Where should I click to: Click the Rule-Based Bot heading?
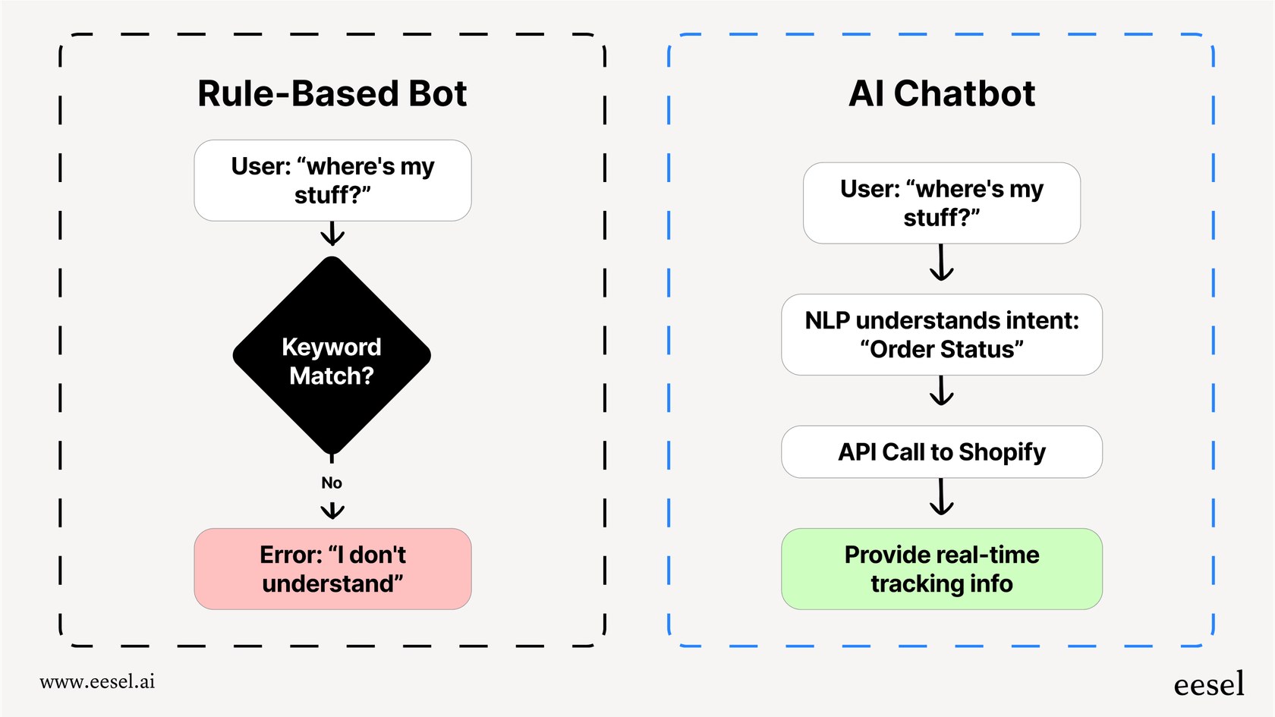332,94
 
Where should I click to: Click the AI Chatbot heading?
941,94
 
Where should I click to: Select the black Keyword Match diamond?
332,355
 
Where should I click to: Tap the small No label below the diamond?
332,483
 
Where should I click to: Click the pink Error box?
332,569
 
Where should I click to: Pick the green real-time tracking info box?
941,569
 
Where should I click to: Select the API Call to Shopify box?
941,452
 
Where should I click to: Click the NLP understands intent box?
941,335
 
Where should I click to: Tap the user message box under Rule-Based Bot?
332,181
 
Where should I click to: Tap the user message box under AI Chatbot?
941,203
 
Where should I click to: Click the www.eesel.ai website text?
97,681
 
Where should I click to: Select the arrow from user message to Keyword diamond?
332,234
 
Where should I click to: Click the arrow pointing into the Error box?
332,511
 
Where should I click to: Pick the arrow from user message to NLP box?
941,263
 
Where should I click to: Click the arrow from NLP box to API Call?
941,391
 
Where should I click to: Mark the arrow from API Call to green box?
941,498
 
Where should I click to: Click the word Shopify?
1002,452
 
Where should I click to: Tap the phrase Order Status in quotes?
942,350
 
